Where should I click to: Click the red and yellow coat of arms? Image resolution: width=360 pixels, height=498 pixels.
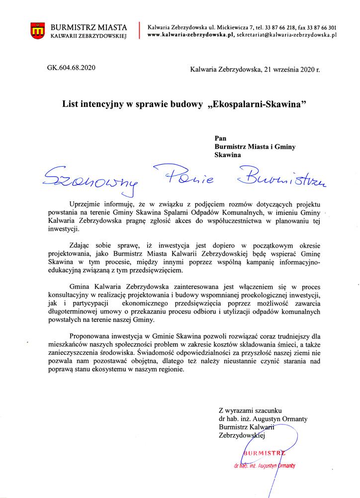point(38,30)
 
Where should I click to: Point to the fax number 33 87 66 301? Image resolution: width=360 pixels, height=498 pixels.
point(318,27)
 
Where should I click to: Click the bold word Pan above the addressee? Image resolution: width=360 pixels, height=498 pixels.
point(220,138)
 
